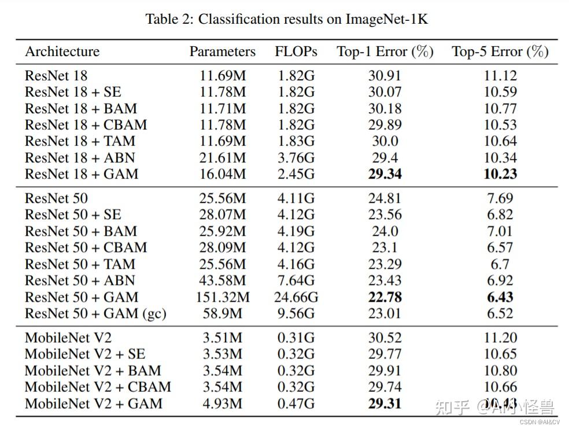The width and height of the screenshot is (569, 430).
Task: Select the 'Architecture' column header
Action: coord(62,51)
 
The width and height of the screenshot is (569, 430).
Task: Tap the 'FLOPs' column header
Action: coord(296,51)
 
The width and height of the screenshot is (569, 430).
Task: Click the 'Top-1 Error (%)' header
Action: coord(385,51)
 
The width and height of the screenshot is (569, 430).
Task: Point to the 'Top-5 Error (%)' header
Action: coord(500,51)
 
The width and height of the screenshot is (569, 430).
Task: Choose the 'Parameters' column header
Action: coord(222,51)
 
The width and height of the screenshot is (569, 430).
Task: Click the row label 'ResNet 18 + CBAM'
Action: coord(86,124)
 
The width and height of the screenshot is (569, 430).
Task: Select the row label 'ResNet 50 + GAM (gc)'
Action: coord(95,313)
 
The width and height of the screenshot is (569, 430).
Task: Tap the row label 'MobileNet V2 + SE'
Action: coord(84,354)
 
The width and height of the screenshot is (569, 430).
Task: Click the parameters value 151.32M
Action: coord(222,297)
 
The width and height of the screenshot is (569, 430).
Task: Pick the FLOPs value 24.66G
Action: coord(296,297)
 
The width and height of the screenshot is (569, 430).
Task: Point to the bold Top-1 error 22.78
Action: coord(385,297)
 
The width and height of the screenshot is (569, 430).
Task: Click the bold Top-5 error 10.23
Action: coord(500,174)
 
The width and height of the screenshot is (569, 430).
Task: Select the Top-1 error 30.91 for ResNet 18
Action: coord(385,76)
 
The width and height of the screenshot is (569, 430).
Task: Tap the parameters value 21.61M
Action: coord(222,157)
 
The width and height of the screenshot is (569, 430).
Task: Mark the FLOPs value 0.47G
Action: coord(296,403)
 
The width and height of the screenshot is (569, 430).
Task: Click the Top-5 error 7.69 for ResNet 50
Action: coord(500,198)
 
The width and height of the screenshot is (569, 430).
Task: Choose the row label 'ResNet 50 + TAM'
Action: coord(80,264)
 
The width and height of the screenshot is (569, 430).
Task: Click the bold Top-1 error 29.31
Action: coord(385,403)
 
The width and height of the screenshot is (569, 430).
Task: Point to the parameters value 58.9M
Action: coord(222,313)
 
